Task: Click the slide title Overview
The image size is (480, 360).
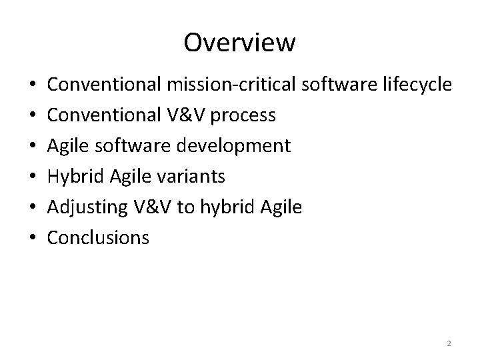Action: click(239, 43)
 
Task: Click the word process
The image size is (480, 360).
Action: click(244, 115)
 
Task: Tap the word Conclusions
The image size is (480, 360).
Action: click(99, 237)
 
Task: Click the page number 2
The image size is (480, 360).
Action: click(449, 343)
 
